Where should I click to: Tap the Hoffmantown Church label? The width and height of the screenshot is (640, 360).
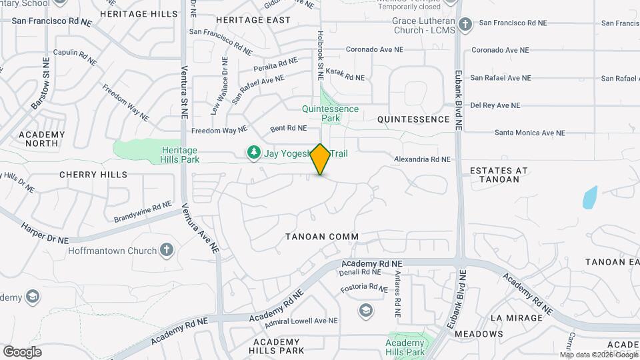click(112, 251)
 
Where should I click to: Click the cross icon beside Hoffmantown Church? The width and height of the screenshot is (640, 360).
click(166, 251)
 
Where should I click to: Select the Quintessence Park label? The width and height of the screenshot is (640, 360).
click(330, 113)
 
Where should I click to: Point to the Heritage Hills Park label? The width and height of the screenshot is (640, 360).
click(180, 155)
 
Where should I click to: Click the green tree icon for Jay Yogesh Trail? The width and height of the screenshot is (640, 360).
click(253, 153)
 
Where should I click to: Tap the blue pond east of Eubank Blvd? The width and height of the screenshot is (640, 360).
click(589, 198)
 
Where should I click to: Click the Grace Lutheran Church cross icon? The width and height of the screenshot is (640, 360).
click(465, 25)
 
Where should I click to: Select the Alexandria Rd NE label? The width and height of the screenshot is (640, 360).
click(422, 159)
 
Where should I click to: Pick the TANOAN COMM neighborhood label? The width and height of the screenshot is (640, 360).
click(322, 237)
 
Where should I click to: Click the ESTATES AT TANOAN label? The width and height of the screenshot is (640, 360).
click(499, 175)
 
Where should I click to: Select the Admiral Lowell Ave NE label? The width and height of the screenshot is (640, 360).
click(301, 321)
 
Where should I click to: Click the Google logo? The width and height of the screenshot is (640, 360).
click(22, 352)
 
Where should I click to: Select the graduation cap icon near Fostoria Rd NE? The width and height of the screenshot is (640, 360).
click(365, 310)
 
